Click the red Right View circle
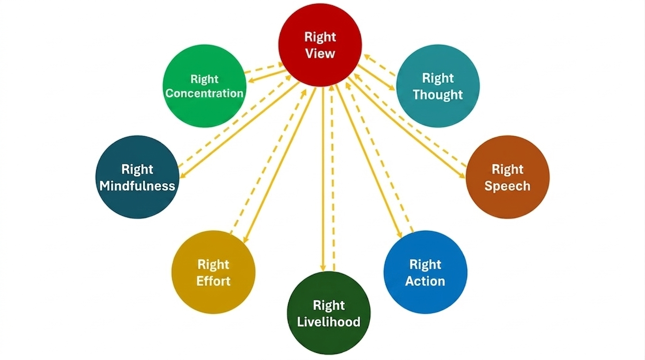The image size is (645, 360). (320, 45)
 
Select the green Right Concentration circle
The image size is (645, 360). (205, 86)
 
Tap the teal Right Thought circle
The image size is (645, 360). (438, 86)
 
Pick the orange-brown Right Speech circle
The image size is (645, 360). (507, 177)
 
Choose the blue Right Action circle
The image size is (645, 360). (425, 272)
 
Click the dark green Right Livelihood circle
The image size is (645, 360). (328, 313)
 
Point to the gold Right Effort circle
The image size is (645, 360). (213, 272)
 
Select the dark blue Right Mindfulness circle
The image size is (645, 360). (137, 177)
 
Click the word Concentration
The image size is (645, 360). (205, 93)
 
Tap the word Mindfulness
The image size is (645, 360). (137, 186)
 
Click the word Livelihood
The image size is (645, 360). (329, 322)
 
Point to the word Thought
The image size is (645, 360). (438, 95)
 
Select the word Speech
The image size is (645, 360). (507, 186)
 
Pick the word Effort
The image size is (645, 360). (213, 281)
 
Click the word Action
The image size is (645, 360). (425, 281)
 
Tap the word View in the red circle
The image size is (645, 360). (320, 53)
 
